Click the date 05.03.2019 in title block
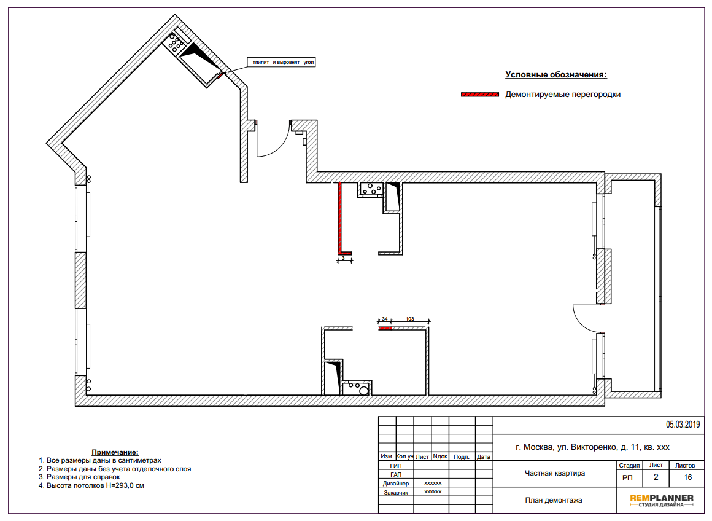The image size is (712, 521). [x=683, y=425]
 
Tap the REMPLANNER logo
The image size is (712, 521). [x=661, y=500]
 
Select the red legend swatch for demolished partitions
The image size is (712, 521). [x=480, y=95]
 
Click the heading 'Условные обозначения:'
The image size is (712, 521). [x=556, y=74]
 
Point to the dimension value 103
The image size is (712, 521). [x=409, y=319]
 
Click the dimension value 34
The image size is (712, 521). [x=385, y=319]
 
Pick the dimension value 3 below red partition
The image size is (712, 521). [x=343, y=258]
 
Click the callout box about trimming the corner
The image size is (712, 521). [x=281, y=62]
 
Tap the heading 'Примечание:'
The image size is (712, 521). [x=115, y=452]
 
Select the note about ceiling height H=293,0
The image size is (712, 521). [x=91, y=485]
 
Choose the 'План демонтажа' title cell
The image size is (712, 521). [x=554, y=500]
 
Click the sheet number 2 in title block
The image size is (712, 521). [x=656, y=477]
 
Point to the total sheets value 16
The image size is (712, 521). [x=687, y=477]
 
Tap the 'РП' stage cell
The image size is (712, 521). [x=627, y=478]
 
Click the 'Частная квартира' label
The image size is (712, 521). [x=554, y=473]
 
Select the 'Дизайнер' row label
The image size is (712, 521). [x=395, y=484]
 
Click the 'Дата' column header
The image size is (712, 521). [x=484, y=457]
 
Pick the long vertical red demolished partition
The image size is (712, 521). [x=339, y=217]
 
